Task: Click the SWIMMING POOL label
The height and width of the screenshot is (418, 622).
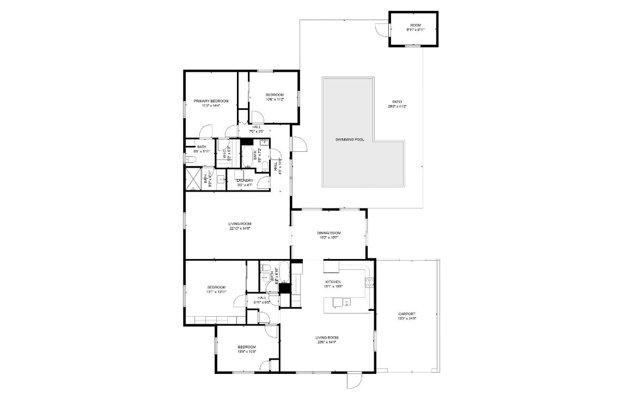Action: click(349, 140)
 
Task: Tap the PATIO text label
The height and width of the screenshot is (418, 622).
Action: click(397, 102)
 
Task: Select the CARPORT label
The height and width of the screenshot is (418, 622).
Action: click(407, 313)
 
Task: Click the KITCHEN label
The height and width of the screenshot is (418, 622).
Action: click(333, 281)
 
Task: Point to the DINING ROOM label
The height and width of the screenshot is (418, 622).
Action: click(329, 233)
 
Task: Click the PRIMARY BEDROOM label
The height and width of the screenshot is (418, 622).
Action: click(211, 101)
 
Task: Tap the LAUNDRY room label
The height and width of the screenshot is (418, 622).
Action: click(245, 181)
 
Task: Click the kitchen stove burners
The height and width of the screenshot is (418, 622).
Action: click(369, 282)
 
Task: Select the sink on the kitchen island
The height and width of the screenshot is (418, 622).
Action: click(346, 302)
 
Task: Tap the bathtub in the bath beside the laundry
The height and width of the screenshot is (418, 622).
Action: click(248, 156)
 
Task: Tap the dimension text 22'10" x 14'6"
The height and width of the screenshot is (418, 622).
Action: click(240, 229)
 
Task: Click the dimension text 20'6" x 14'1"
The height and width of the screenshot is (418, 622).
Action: click(327, 342)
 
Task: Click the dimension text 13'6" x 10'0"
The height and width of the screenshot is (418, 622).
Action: click(247, 352)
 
